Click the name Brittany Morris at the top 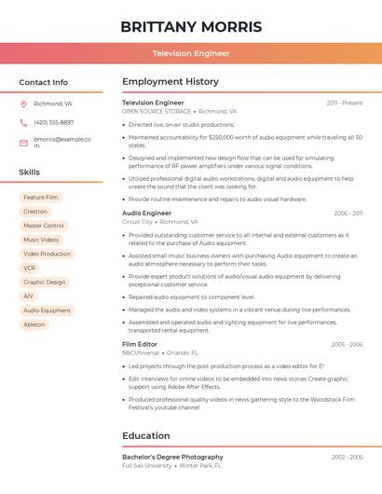point(191,26)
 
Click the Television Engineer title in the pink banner point(191,53)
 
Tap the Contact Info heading point(44,82)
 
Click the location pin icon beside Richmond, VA point(23,103)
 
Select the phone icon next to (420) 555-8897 point(23,122)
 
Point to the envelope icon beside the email point(23,143)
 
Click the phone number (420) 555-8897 point(54,122)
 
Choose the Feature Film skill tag point(41,198)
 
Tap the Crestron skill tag point(35,212)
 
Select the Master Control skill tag point(44,226)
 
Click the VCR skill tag point(30,268)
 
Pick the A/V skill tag point(29,295)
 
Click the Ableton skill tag point(34,324)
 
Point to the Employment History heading point(171,82)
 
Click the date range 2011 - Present point(345,103)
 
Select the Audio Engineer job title point(146,213)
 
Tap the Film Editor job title point(141,344)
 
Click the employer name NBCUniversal point(141,353)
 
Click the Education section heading point(146,435)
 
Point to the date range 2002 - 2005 point(347,457)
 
